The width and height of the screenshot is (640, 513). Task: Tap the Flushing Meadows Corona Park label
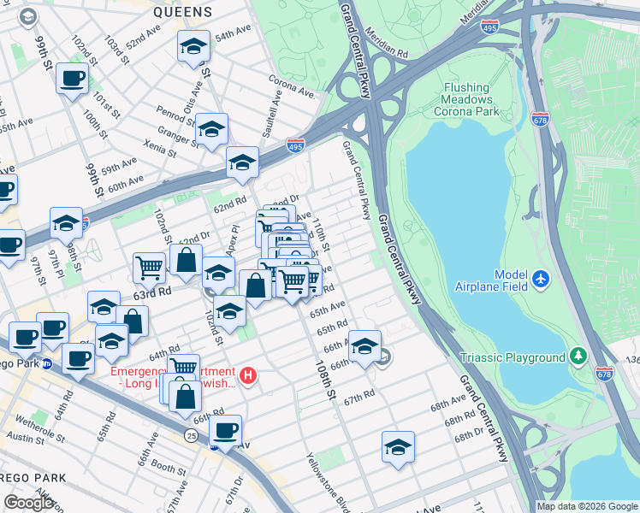pos(466,99)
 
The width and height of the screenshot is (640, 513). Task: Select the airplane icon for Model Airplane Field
pos(541,279)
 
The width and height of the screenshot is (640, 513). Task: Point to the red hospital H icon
pos(248,375)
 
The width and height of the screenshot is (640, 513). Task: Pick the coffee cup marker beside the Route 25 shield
pos(225,430)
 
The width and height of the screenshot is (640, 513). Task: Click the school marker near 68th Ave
pos(398,447)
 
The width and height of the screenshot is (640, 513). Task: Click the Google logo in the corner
pos(28,503)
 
